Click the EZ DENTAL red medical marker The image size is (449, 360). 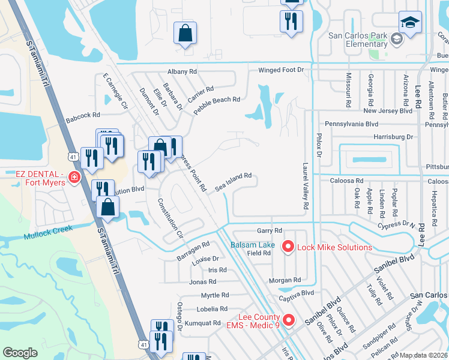74,178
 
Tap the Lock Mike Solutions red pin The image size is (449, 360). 288,247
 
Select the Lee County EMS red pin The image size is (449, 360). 288,321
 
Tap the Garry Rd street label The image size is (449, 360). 269,230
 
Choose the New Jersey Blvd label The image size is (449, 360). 388,110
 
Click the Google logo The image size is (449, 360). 20,353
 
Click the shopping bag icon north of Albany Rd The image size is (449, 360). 185,34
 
